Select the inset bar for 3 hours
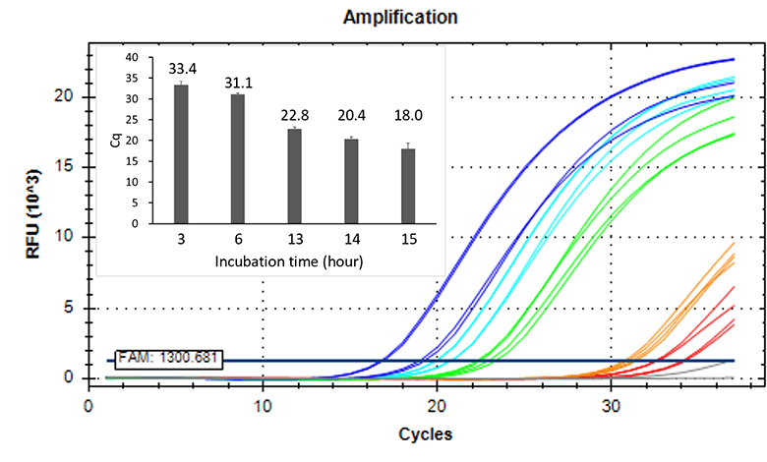point(181,154)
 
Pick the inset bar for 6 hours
point(238,159)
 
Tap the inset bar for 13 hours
point(294,176)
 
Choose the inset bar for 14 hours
point(351,181)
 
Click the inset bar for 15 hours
point(408,186)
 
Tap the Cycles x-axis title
point(426,433)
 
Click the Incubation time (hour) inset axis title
point(294,261)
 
